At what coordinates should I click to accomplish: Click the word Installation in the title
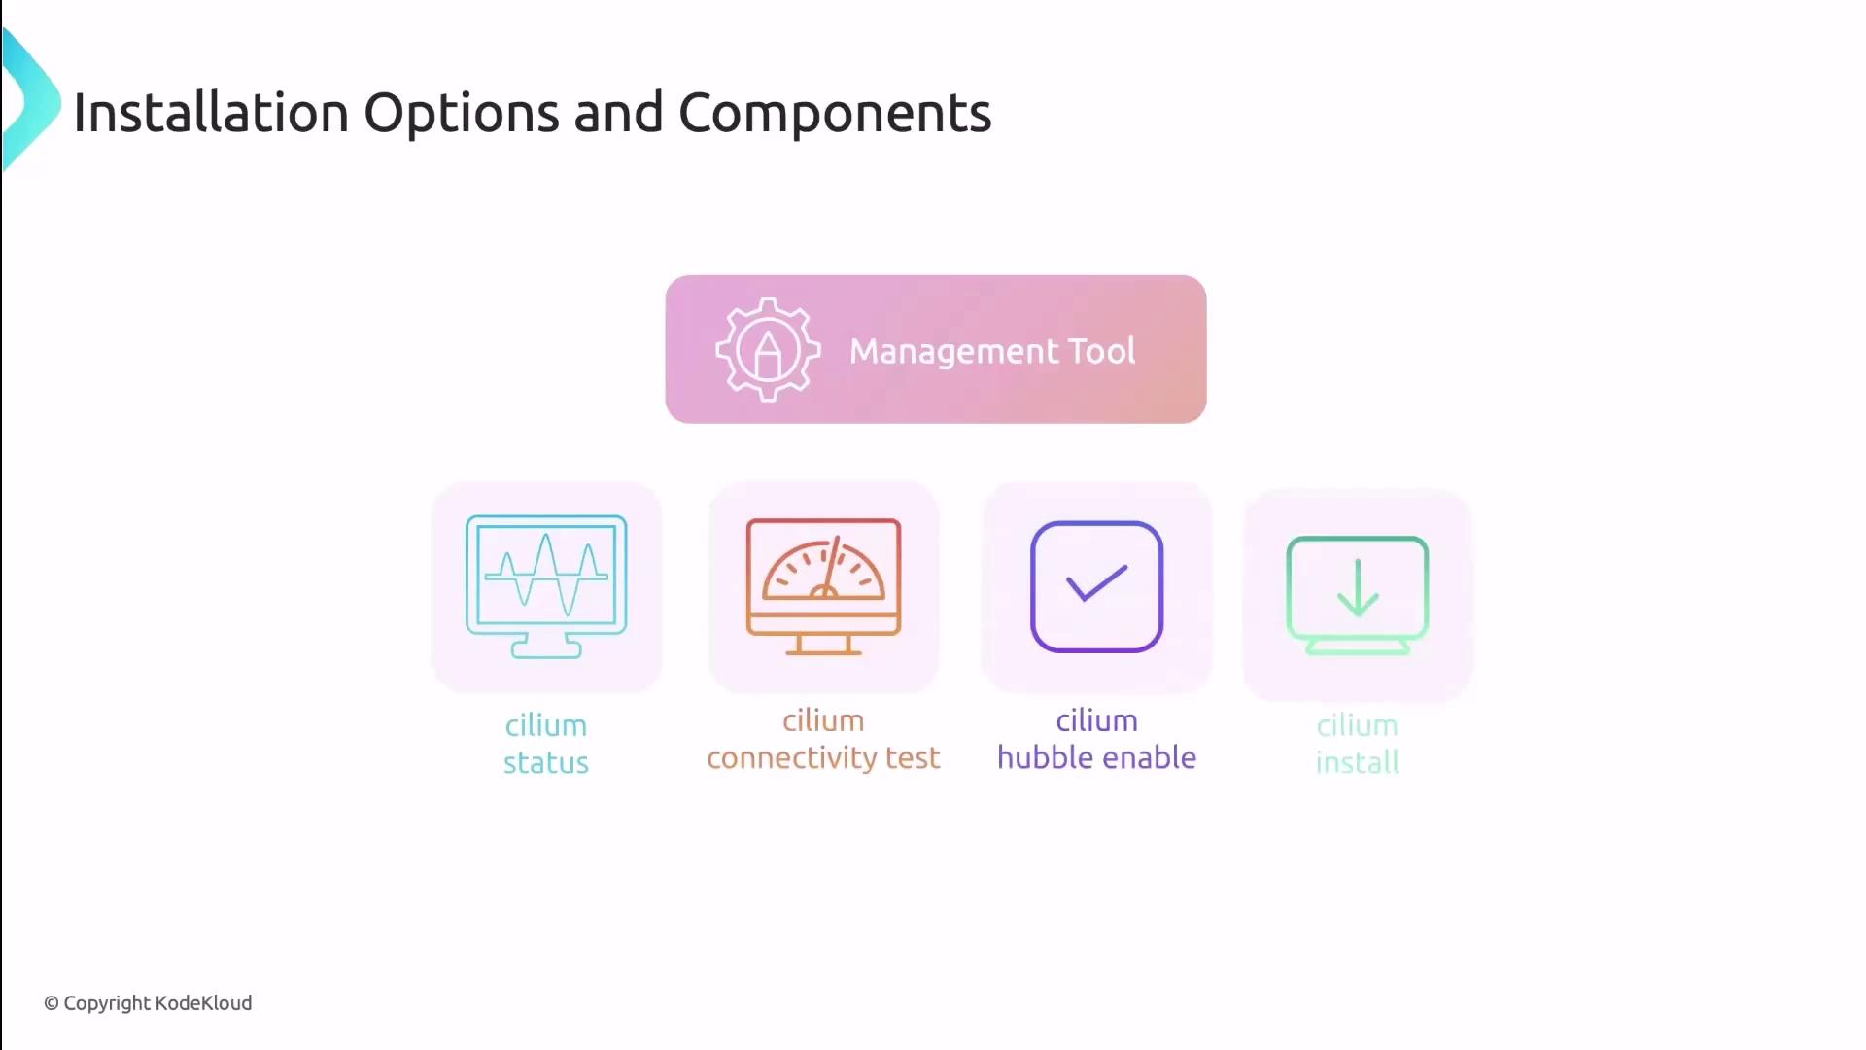(211, 113)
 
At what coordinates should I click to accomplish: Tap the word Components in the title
(834, 113)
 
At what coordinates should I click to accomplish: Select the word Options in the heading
(461, 113)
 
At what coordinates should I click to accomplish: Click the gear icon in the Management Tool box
(768, 350)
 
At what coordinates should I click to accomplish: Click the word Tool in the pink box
(1101, 351)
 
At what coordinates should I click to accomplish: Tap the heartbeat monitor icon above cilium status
(546, 586)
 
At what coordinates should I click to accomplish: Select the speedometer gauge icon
(823, 586)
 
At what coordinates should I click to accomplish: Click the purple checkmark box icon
(1096, 586)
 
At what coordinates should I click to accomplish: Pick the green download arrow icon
(1357, 594)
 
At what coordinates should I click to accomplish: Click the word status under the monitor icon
(546, 763)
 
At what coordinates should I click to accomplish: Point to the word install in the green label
(1357, 763)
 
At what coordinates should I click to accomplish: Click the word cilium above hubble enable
(1096, 721)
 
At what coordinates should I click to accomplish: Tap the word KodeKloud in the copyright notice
(203, 1003)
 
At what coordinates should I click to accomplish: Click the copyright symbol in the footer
(52, 1004)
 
